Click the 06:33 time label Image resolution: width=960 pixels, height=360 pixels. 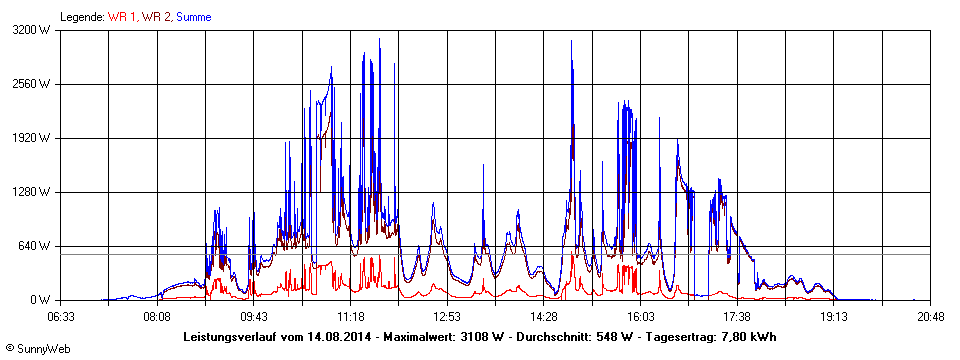click(61, 316)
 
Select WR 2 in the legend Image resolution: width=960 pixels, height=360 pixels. click(156, 17)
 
